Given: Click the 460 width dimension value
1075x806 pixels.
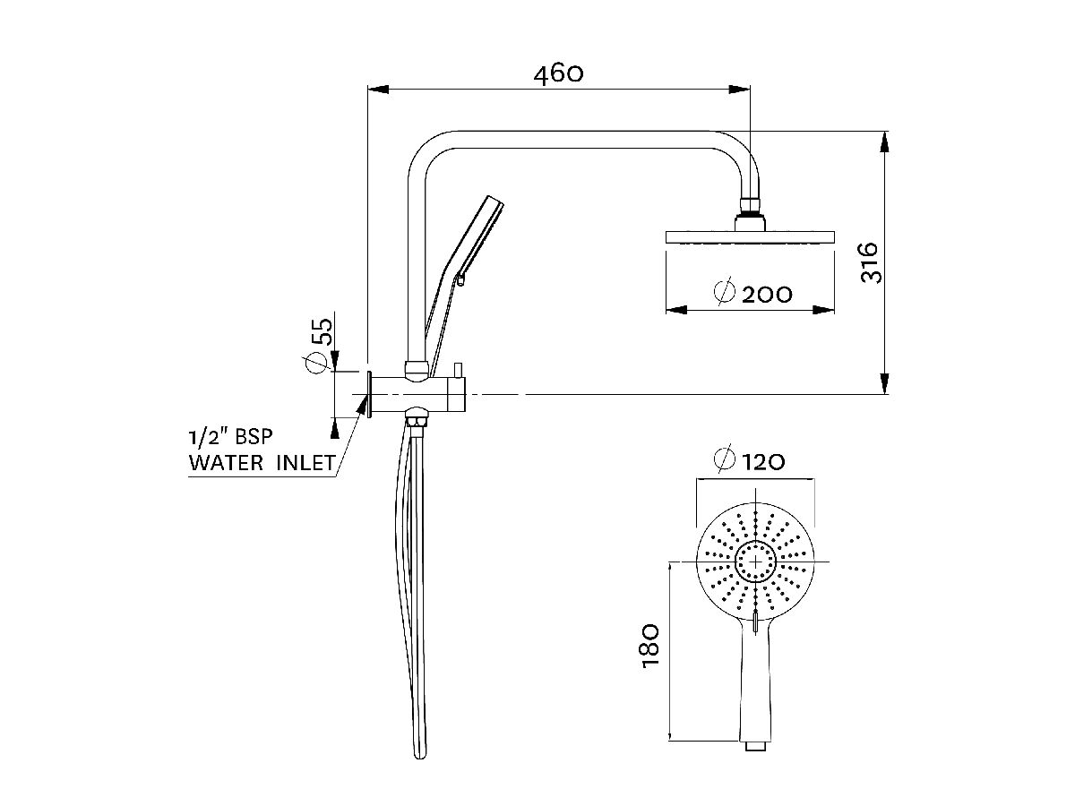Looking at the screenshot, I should [558, 73].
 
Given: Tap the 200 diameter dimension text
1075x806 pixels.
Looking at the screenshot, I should [767, 294].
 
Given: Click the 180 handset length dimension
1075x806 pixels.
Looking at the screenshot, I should [651, 643].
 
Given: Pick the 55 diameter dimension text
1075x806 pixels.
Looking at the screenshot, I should [322, 331].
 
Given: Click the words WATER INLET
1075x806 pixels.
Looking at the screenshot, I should [262, 463].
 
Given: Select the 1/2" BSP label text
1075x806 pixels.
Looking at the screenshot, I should [229, 438].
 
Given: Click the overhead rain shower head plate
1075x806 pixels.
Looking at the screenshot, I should [750, 237].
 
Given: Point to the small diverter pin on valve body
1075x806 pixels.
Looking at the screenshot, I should [457, 369].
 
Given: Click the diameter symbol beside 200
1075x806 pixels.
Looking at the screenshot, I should [725, 293].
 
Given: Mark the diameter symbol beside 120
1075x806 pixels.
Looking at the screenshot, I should [724, 460].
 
